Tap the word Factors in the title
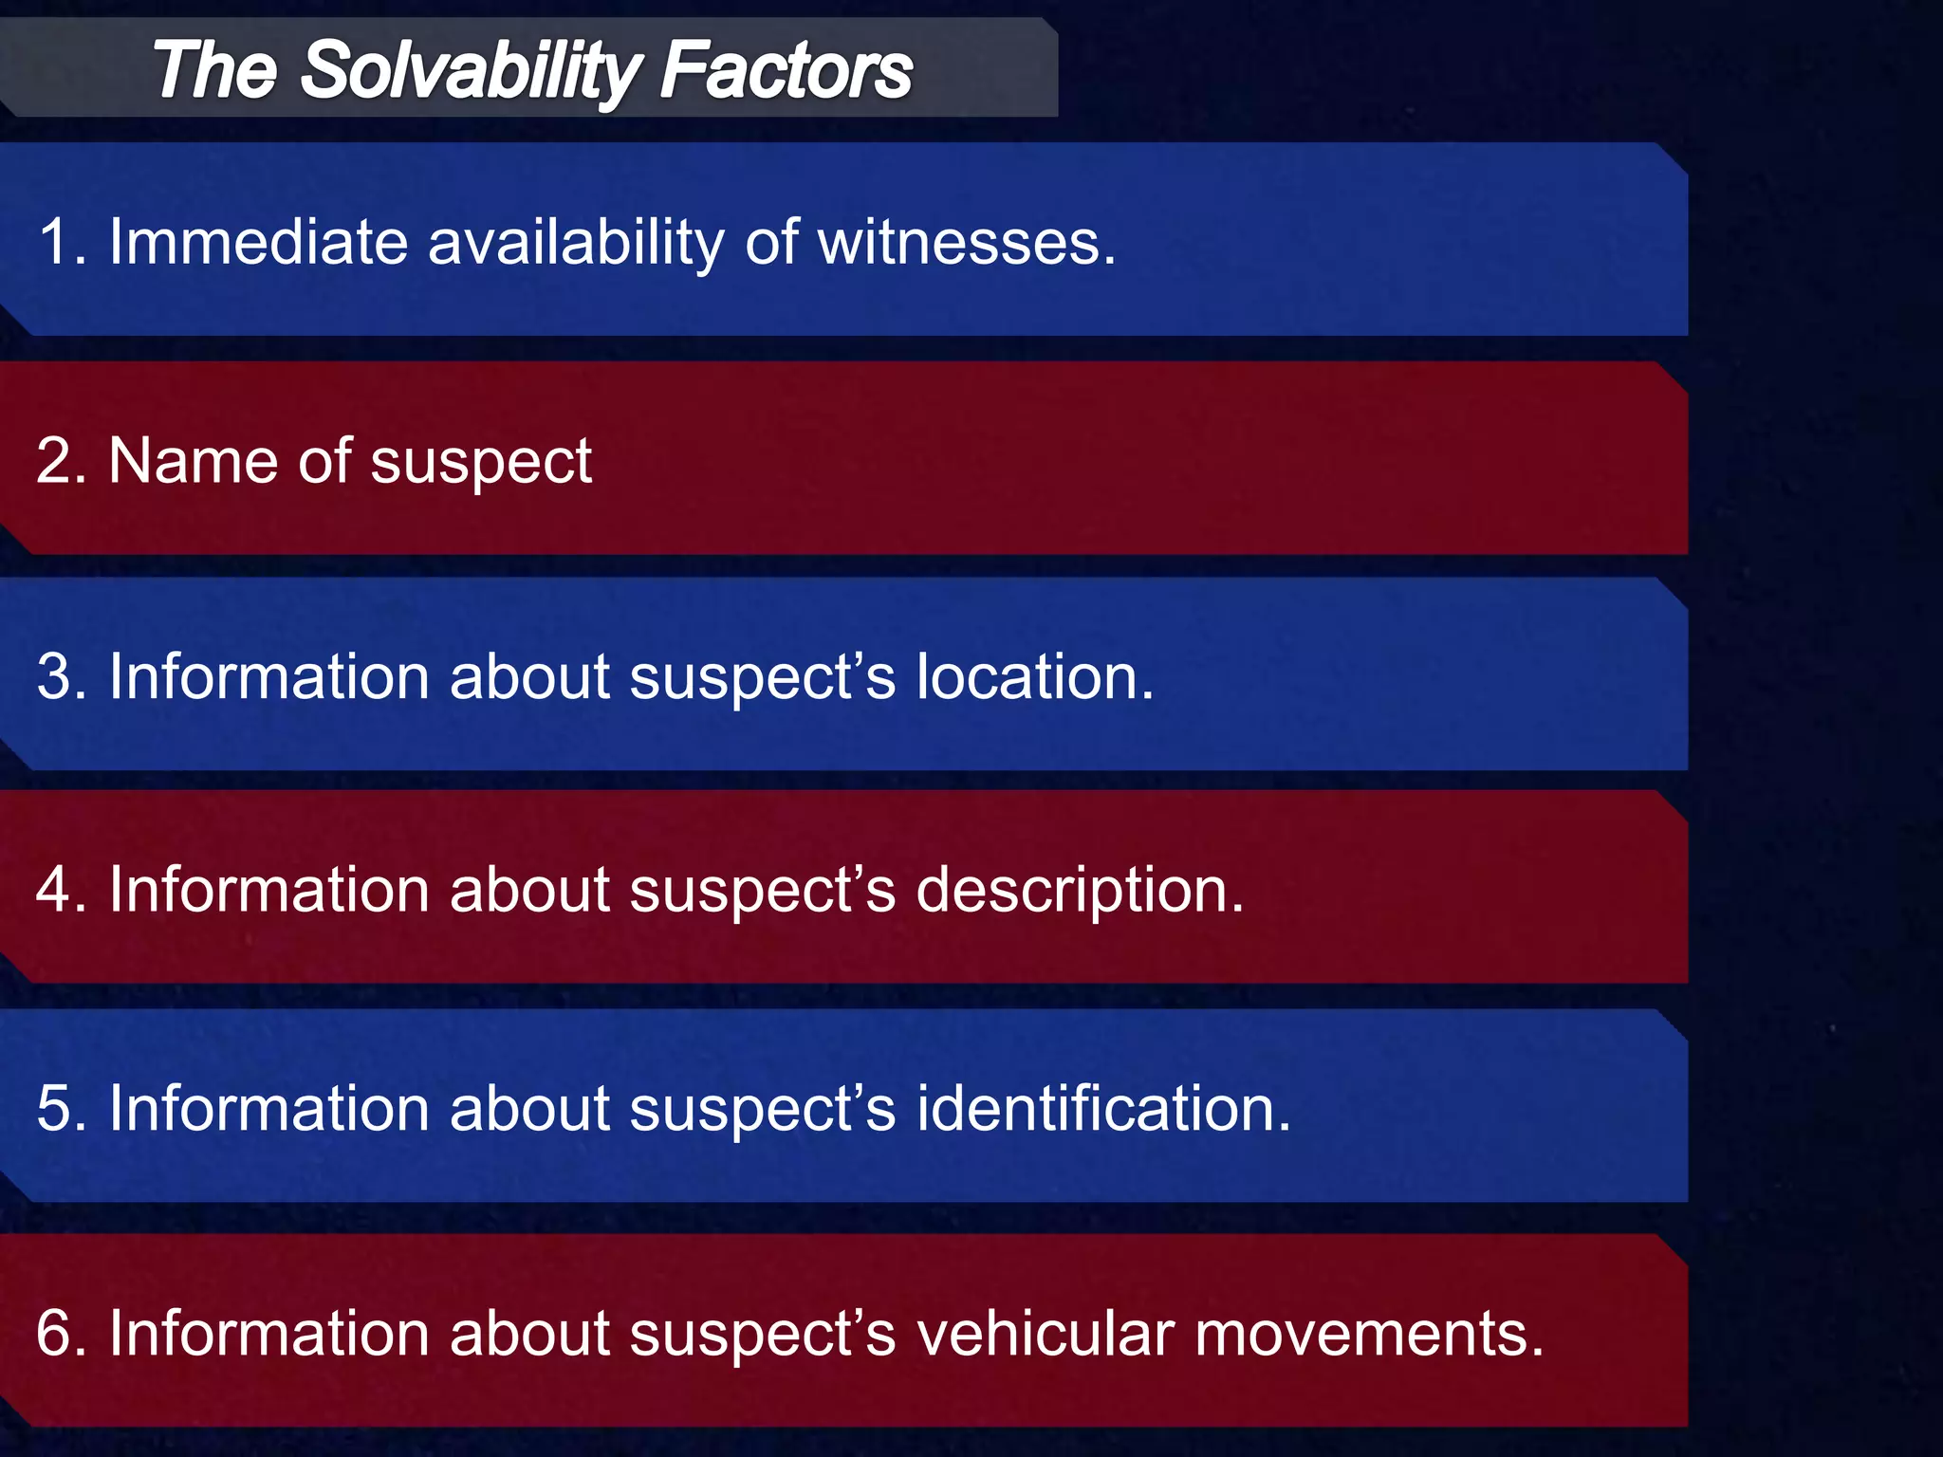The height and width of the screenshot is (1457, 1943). [x=786, y=71]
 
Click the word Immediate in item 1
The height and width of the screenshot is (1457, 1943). [x=258, y=242]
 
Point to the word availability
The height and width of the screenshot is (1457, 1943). [x=576, y=242]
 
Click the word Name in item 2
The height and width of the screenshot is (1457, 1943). [x=194, y=461]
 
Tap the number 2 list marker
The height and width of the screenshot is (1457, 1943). [x=54, y=461]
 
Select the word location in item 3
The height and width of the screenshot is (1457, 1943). [x=1034, y=677]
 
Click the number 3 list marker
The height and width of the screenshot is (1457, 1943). [x=54, y=677]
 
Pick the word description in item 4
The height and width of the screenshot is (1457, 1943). [x=1080, y=891]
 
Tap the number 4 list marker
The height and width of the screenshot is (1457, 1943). [x=54, y=891]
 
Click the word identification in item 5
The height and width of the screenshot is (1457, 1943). [x=1102, y=1108]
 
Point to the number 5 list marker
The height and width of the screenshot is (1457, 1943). [x=54, y=1108]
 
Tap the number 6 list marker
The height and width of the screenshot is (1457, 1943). [x=54, y=1333]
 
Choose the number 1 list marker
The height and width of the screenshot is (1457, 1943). [x=54, y=242]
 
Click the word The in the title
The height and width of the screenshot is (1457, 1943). [x=214, y=71]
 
